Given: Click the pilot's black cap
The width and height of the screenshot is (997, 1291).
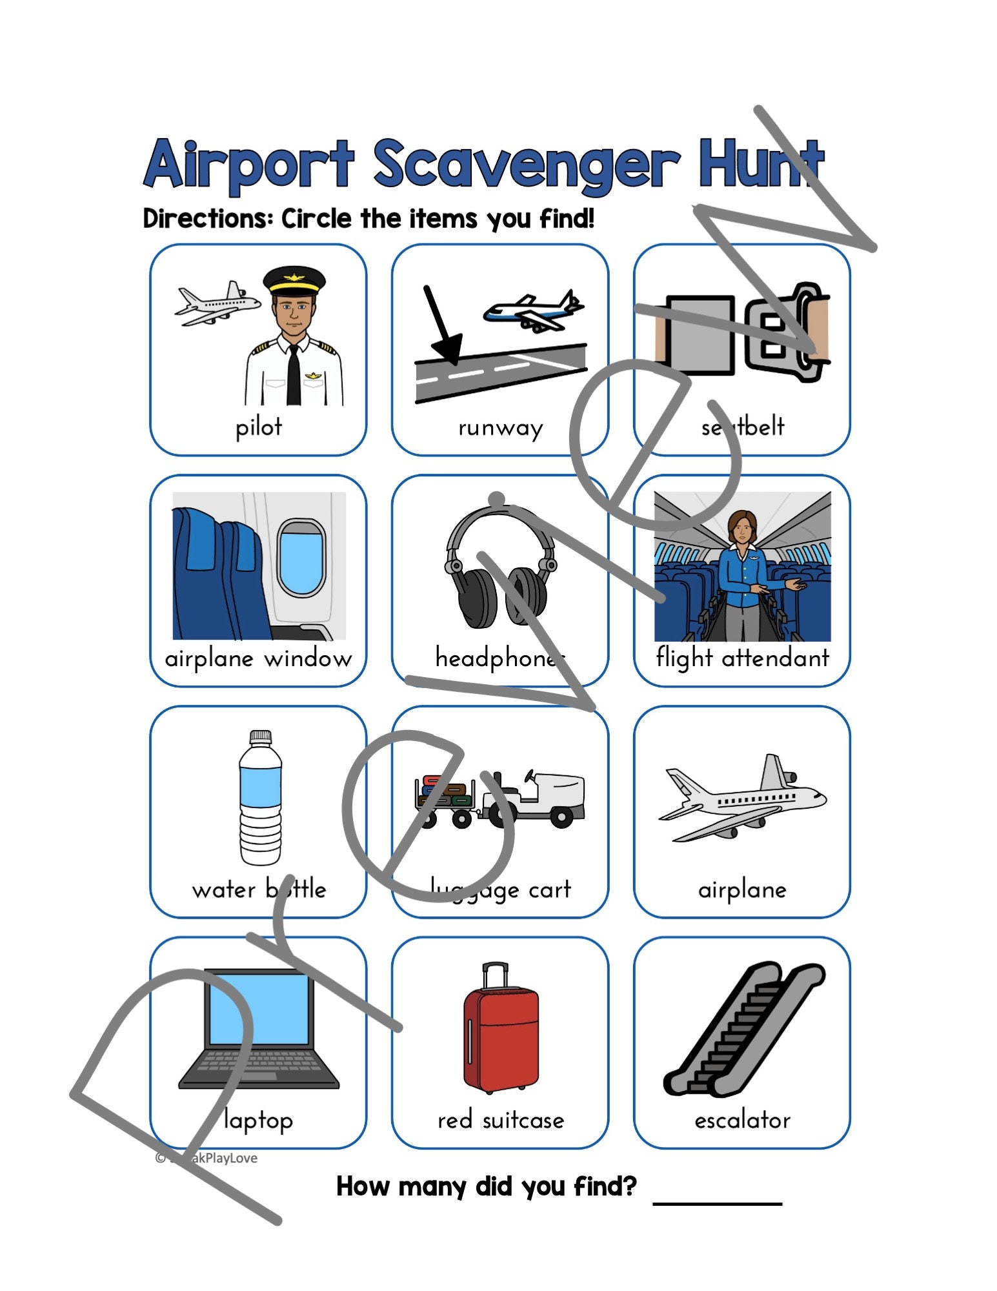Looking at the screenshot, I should [x=294, y=279].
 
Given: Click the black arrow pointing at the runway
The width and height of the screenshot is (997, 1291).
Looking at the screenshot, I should [x=441, y=329].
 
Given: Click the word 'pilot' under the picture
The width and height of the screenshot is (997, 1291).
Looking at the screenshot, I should [x=258, y=427].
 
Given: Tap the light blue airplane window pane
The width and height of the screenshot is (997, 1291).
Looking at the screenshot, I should [x=301, y=558].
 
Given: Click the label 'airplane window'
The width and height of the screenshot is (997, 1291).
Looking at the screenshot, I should [x=258, y=658].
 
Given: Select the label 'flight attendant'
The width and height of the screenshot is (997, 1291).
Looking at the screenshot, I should [x=742, y=658].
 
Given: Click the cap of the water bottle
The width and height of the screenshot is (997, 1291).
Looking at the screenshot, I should [x=260, y=737].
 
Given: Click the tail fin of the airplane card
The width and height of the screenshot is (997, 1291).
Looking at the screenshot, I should [x=772, y=771].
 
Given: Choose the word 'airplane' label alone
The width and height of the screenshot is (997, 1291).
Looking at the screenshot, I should [x=742, y=889].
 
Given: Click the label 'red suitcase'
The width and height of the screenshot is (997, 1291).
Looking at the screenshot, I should [x=500, y=1120].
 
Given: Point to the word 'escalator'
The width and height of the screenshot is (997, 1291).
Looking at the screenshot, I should [x=742, y=1120].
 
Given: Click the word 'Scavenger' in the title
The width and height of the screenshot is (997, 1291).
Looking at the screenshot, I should [x=526, y=165].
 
